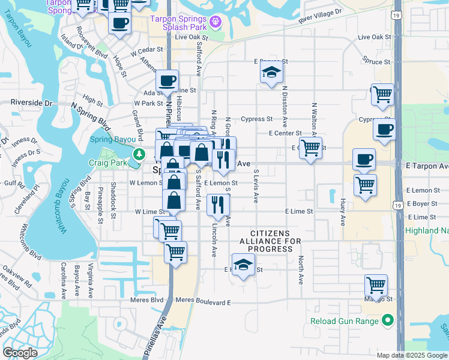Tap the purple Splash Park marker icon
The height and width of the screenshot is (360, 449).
point(215,23)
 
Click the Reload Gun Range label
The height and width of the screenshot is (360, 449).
point(345,321)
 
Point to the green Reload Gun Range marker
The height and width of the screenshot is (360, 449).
point(388,321)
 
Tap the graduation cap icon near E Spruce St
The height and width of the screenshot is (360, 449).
point(271,73)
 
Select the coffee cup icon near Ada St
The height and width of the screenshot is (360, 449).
point(167,80)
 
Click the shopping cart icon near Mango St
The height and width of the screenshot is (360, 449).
point(376,285)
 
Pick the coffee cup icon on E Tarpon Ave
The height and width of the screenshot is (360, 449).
point(364,159)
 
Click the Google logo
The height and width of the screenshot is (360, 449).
point(20,353)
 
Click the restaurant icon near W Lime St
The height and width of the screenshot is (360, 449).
point(217,205)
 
